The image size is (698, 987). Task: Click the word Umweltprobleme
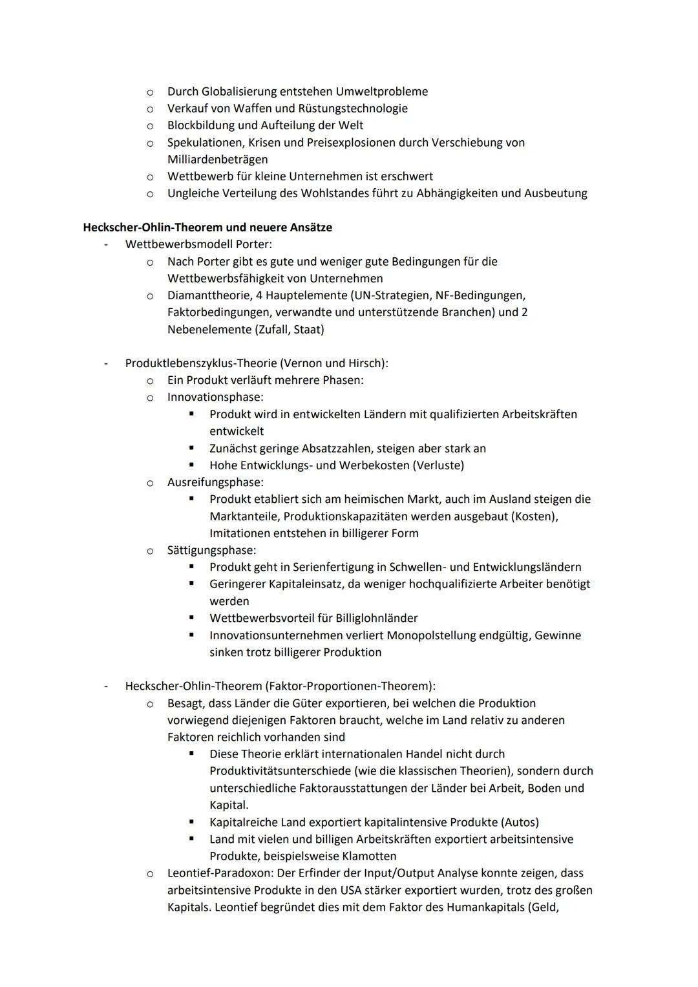tap(381, 92)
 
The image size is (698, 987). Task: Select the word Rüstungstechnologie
tap(350, 109)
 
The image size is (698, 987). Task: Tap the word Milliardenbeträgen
tap(217, 160)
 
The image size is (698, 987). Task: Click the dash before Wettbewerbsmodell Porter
tap(106, 245)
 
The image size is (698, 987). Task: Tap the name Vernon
tap(299, 363)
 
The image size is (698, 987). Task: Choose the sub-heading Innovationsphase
tap(215, 397)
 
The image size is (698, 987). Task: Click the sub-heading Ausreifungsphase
tap(215, 482)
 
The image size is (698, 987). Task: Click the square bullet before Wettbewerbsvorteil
tap(192, 618)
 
